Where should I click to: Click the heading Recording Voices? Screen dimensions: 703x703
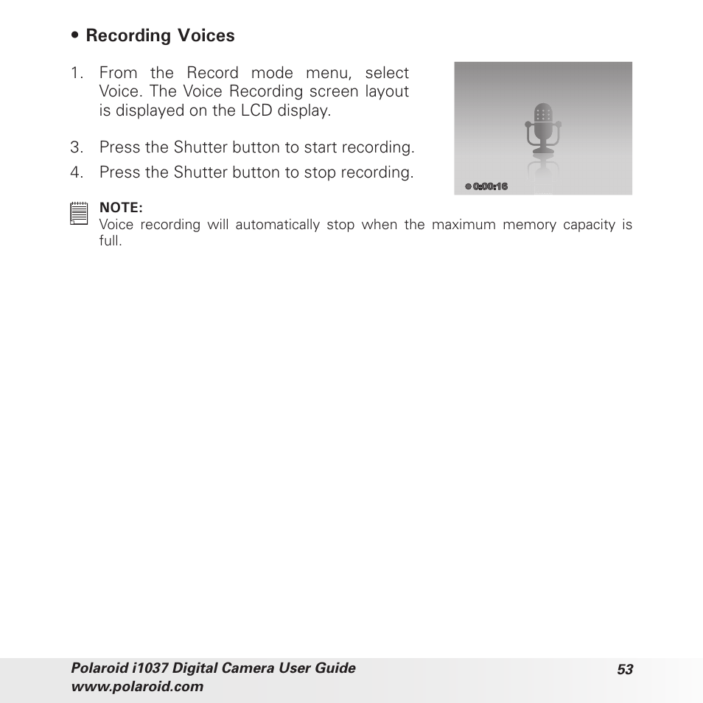pos(160,35)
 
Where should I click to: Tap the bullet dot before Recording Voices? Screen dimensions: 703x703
pos(75,36)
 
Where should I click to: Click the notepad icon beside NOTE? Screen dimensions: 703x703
pos(78,214)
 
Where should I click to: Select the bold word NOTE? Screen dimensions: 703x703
pos(121,209)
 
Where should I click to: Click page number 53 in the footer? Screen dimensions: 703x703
pos(625,669)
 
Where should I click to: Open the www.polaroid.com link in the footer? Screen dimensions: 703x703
pos(136,687)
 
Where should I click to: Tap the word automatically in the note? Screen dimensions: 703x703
pos(276,225)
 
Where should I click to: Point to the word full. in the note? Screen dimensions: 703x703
pos(110,240)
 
